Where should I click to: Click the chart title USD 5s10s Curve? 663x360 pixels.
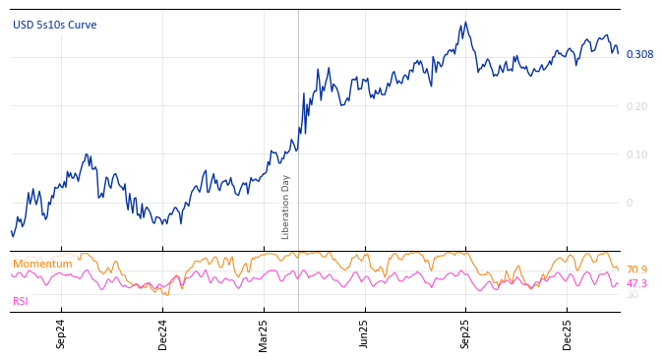click(54, 25)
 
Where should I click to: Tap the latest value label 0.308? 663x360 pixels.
click(639, 54)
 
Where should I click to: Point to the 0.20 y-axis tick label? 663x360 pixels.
click(637, 106)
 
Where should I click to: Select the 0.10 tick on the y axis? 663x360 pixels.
click(637, 154)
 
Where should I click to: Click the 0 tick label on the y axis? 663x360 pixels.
click(632, 203)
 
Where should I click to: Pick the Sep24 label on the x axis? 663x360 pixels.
click(61, 333)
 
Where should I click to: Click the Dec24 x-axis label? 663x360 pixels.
click(163, 333)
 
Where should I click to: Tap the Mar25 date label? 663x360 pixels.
click(264, 333)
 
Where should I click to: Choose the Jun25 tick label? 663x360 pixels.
click(365, 333)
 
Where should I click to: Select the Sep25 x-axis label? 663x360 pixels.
click(466, 333)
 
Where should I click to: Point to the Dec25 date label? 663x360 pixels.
click(568, 333)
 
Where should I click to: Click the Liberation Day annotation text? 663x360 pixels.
click(286, 207)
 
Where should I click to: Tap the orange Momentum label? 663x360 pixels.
click(42, 264)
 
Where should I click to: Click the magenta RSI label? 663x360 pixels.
click(21, 301)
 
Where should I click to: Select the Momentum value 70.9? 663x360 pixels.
click(636, 270)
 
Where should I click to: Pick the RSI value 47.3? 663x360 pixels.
click(636, 283)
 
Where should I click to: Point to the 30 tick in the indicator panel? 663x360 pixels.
click(632, 295)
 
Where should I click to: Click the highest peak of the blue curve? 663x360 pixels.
click(465, 23)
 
